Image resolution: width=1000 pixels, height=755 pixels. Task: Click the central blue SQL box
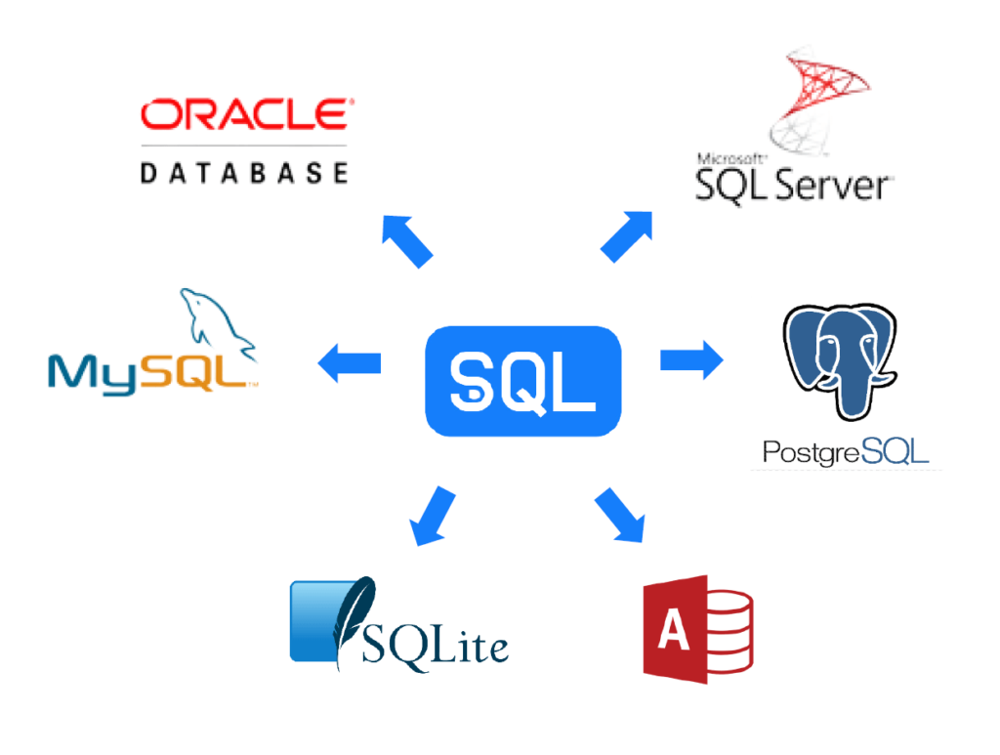tap(523, 381)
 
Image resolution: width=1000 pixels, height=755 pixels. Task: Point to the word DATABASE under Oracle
tap(244, 173)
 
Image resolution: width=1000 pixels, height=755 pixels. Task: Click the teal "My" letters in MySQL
tap(93, 374)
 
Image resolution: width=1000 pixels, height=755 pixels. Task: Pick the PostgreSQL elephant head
tap(840, 360)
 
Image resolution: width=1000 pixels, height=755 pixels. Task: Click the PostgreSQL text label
tap(845, 452)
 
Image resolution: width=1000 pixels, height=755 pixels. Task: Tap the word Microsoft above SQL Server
tap(729, 159)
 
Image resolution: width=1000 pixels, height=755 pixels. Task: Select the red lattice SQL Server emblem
tap(818, 101)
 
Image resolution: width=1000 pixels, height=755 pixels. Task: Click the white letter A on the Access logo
tap(674, 629)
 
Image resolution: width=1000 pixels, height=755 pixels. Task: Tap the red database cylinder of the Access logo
tap(729, 632)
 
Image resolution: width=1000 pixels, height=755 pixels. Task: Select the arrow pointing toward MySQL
tap(350, 362)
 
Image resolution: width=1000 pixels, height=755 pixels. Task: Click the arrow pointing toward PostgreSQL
tap(691, 359)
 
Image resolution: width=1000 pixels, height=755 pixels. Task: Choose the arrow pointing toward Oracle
tap(407, 241)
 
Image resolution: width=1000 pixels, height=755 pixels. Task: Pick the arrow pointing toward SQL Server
tap(627, 236)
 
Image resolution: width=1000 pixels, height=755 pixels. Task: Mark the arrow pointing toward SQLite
tap(432, 517)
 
